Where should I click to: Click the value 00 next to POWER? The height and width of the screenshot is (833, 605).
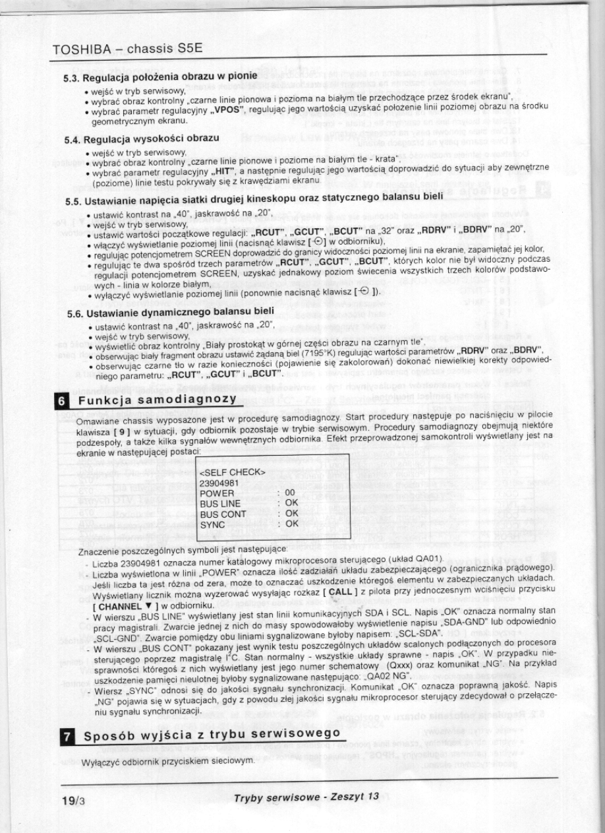pos(289,493)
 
